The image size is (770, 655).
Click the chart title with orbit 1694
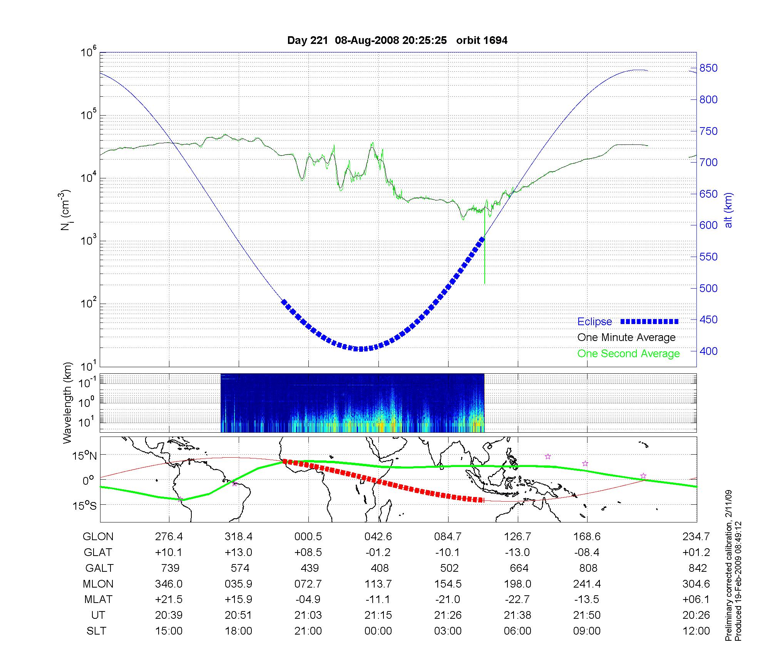pyautogui.click(x=397, y=40)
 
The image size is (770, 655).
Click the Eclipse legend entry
pyautogui.click(x=594, y=322)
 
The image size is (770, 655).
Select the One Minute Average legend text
pyautogui.click(x=626, y=338)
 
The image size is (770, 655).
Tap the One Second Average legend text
pyautogui.click(x=628, y=354)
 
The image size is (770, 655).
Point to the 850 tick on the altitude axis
pyautogui.click(x=708, y=68)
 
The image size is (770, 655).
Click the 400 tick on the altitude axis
pyautogui.click(x=708, y=351)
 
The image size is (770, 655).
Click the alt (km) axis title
pyautogui.click(x=728, y=210)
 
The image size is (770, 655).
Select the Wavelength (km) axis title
pyautogui.click(x=68, y=403)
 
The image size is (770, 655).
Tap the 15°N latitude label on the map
pyautogui.click(x=84, y=456)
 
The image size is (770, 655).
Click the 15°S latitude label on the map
pyautogui.click(x=84, y=506)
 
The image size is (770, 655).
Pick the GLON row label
pyautogui.click(x=98, y=537)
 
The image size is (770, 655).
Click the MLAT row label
pyautogui.click(x=98, y=600)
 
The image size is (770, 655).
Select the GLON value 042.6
pyautogui.click(x=378, y=537)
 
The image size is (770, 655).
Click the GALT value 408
pyautogui.click(x=379, y=568)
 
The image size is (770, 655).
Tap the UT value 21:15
pyautogui.click(x=378, y=615)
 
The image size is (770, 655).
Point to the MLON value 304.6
pyautogui.click(x=696, y=584)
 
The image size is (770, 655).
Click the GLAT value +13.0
pyautogui.click(x=239, y=553)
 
